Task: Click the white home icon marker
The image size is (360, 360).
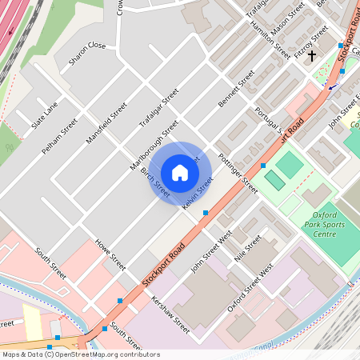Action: coord(180,173)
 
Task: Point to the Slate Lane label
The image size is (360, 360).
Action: coord(45,117)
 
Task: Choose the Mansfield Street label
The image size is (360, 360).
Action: coord(106,122)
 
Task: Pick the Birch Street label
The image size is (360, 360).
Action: coord(155,184)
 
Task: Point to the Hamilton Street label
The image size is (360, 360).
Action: coord(271,40)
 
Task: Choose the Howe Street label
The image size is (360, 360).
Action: coord(110,254)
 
